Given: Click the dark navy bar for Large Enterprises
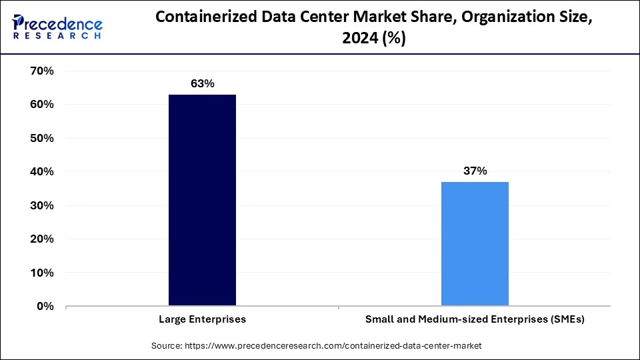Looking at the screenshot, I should pos(202,200).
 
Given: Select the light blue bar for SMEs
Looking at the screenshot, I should pos(475,243).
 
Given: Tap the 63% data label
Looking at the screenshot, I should pos(202,83).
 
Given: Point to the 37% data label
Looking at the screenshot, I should pos(475,171).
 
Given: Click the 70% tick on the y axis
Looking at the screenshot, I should pos(42,71).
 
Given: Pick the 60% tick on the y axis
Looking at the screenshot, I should pos(42,105).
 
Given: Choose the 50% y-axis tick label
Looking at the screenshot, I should pos(42,138).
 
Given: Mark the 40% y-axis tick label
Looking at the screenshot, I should pos(42,171).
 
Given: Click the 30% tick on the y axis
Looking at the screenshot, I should pos(42,205).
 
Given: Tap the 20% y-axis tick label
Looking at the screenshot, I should pos(42,239).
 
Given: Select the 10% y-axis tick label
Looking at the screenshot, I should pos(42,273).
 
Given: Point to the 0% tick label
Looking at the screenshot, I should pos(45,306).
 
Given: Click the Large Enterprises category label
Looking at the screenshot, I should pos(202,319).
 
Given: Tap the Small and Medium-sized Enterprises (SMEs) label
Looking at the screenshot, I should pos(475,319).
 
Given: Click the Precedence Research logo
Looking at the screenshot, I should pos(57,27).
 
